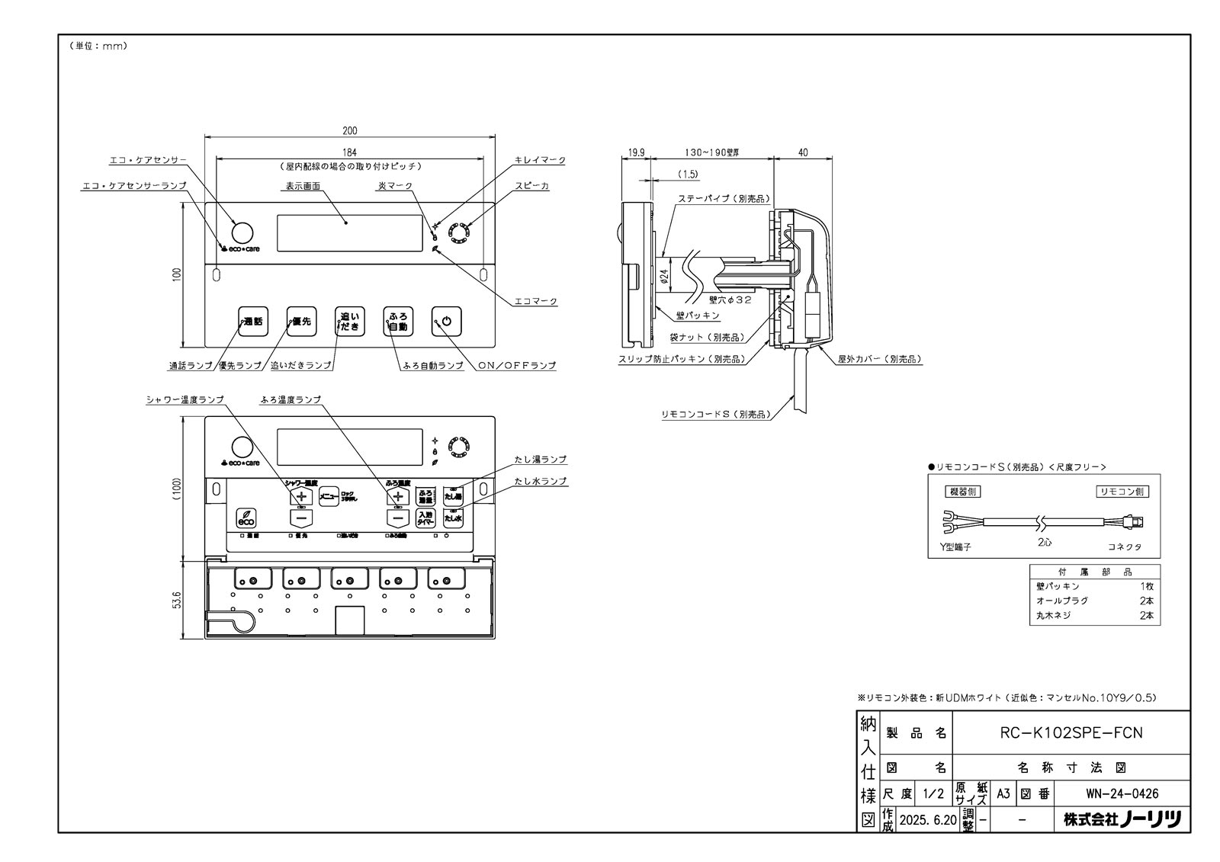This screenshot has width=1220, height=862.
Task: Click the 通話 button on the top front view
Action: coord(252,321)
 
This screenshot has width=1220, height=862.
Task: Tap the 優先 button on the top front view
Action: coord(301,321)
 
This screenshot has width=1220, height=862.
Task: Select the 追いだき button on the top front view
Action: coord(350,321)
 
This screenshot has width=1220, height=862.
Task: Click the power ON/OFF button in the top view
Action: coord(447,321)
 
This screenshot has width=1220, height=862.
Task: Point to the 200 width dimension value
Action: coord(350,131)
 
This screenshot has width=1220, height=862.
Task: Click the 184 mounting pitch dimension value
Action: coord(350,152)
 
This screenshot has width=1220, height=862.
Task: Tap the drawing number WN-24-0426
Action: coord(1116,793)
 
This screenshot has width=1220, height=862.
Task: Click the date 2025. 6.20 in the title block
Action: coord(927,820)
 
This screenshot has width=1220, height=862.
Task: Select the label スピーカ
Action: coord(531,186)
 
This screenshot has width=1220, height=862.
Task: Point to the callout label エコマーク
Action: coord(536,302)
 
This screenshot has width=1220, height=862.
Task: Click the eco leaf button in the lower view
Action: coord(246,518)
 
